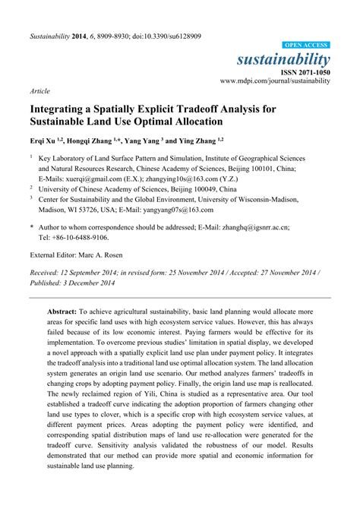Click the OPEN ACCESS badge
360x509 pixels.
click(x=306, y=46)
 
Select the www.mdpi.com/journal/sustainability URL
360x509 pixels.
click(x=275, y=80)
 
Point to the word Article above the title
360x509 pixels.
click(x=39, y=90)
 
